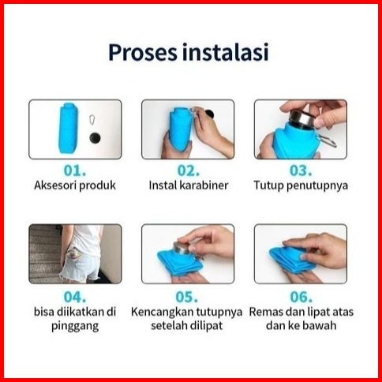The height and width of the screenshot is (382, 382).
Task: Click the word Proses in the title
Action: pyautogui.click(x=143, y=53)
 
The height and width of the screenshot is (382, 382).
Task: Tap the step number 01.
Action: pyautogui.click(x=75, y=170)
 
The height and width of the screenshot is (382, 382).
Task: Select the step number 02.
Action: pyautogui.click(x=188, y=170)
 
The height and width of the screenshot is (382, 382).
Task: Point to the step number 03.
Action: pyautogui.click(x=301, y=170)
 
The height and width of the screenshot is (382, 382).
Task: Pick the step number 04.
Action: pyautogui.click(x=75, y=297)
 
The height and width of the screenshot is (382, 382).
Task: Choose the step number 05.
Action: pyautogui.click(x=187, y=297)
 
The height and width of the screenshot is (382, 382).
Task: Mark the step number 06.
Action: pyautogui.click(x=301, y=297)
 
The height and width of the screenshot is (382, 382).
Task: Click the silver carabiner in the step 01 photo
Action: pyautogui.click(x=92, y=121)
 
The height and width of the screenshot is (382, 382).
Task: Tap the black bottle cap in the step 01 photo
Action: pyautogui.click(x=95, y=138)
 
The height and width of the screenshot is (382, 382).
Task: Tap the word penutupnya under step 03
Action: pyautogui.click(x=317, y=185)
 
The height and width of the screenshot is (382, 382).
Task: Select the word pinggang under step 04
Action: pyautogui.click(x=75, y=326)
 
